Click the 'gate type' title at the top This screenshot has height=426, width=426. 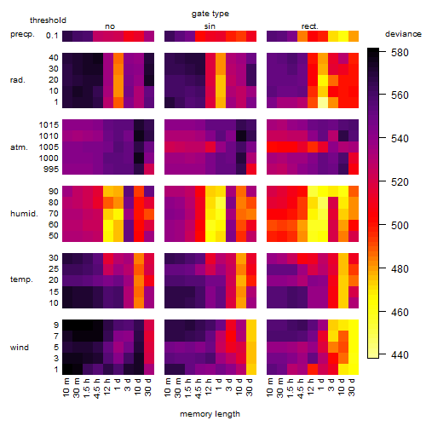pos(210,14)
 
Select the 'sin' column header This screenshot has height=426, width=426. pos(210,26)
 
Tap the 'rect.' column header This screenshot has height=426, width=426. pos(310,26)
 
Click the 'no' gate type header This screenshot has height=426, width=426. pos(110,26)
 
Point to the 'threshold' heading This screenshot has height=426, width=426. pos(48,20)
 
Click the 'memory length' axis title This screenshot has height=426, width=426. pos(210,414)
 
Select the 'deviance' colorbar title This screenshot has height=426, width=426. pos(403,34)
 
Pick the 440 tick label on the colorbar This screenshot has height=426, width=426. pos(400,355)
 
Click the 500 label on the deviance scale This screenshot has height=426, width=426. pos(400,226)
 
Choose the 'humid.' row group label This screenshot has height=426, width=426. pos(24,214)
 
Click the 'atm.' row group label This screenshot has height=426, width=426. pos(19,147)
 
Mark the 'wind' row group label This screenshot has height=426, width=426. pos(20,348)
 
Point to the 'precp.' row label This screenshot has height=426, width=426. pos(22,35)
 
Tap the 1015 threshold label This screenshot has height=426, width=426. pos(49,125)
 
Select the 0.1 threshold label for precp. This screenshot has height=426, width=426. pos(52,36)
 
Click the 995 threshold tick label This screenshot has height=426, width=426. pos(51,170)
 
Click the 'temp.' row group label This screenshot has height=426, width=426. pos(21,279)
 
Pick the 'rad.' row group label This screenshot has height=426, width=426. pos(18,80)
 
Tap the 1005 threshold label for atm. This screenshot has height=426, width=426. pos(49,147)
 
